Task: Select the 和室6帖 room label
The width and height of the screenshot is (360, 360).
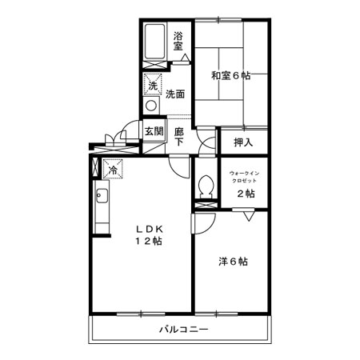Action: pyautogui.click(x=230, y=76)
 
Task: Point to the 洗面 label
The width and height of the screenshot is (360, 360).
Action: pyautogui.click(x=176, y=94)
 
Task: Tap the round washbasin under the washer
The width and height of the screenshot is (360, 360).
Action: pyautogui.click(x=151, y=106)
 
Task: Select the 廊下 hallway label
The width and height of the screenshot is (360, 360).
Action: pyautogui.click(x=179, y=136)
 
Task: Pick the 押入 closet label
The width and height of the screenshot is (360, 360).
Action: pyautogui.click(x=243, y=142)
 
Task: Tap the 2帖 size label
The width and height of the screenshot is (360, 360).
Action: pyautogui.click(x=245, y=194)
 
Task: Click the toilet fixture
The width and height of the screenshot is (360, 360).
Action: pyautogui.click(x=205, y=187)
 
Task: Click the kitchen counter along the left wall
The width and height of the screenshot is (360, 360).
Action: pyautogui.click(x=102, y=206)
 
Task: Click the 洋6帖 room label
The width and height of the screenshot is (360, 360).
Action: pyautogui.click(x=233, y=262)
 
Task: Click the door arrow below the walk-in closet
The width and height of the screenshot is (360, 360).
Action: pyautogui.click(x=250, y=215)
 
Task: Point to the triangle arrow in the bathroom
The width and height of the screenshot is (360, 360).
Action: pyautogui.click(x=184, y=58)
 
